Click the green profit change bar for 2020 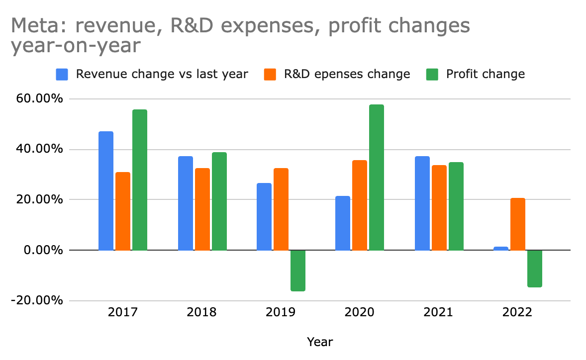(376, 177)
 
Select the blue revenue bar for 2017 (106, 190)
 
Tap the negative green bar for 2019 (297, 270)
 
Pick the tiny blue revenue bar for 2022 (501, 248)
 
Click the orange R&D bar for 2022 (518, 224)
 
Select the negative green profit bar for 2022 (535, 269)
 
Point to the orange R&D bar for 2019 (281, 209)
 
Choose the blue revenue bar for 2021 (422, 203)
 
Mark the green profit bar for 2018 (219, 201)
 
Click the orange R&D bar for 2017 (123, 211)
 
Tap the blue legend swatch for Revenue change (62, 74)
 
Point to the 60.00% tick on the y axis (44, 99)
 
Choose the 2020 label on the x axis (359, 313)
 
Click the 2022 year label (517, 313)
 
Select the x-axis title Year (320, 342)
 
